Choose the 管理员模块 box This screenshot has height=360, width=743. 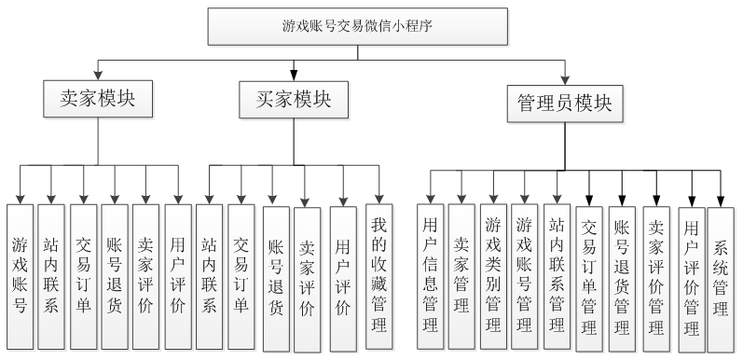[x=565, y=104]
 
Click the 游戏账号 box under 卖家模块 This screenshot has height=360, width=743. [x=20, y=275]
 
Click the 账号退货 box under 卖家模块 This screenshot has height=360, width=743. [x=115, y=275]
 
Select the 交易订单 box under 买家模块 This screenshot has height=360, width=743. [x=241, y=275]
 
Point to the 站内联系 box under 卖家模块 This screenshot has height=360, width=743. [x=51, y=275]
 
